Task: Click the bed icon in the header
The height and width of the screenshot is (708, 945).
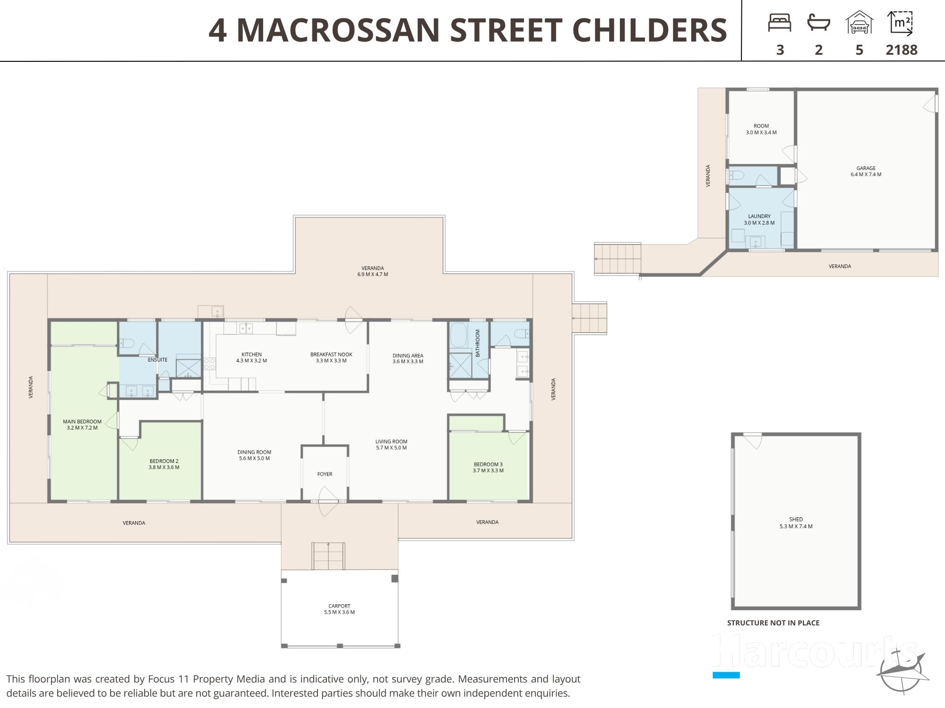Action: pyautogui.click(x=780, y=23)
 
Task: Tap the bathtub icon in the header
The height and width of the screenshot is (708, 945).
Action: pyautogui.click(x=819, y=23)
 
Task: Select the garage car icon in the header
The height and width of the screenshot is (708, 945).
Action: pyautogui.click(x=859, y=23)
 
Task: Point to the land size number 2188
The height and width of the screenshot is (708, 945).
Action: pyautogui.click(x=902, y=50)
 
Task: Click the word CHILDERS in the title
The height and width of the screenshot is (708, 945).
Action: pyautogui.click(x=650, y=30)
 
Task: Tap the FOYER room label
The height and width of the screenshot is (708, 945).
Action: pyautogui.click(x=325, y=474)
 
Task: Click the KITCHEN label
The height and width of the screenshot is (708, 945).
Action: pyautogui.click(x=251, y=354)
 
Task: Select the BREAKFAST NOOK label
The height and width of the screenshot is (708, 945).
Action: pyautogui.click(x=331, y=354)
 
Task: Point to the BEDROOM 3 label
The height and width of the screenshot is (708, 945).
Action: pyautogui.click(x=488, y=464)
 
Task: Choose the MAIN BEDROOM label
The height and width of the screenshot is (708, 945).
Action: pyautogui.click(x=82, y=421)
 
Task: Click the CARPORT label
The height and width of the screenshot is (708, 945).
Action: pyautogui.click(x=339, y=606)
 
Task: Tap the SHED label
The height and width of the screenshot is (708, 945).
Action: pyautogui.click(x=796, y=519)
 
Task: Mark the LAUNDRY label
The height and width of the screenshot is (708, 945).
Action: pyautogui.click(x=759, y=216)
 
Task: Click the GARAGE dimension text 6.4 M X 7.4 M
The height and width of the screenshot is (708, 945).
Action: pyautogui.click(x=866, y=174)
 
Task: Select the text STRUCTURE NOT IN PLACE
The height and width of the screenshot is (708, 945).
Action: pyautogui.click(x=773, y=623)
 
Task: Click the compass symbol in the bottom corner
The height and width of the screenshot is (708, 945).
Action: pyautogui.click(x=902, y=671)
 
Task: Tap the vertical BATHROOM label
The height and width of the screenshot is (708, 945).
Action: pyautogui.click(x=478, y=343)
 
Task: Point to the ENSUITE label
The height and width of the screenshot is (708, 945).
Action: pyautogui.click(x=157, y=360)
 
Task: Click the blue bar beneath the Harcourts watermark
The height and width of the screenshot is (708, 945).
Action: pyautogui.click(x=726, y=675)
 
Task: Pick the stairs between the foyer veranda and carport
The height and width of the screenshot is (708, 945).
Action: pyautogui.click(x=328, y=556)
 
